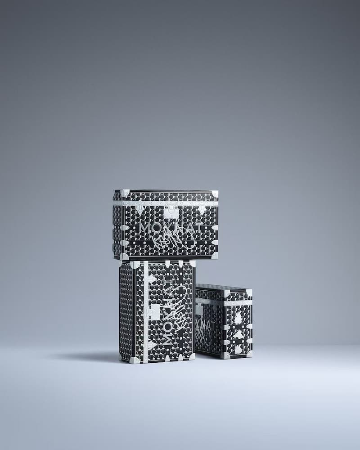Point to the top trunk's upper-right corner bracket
click(215, 193)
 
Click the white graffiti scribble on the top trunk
click(178, 241)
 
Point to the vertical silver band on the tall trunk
click(145, 310)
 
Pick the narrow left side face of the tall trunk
click(127, 310)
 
